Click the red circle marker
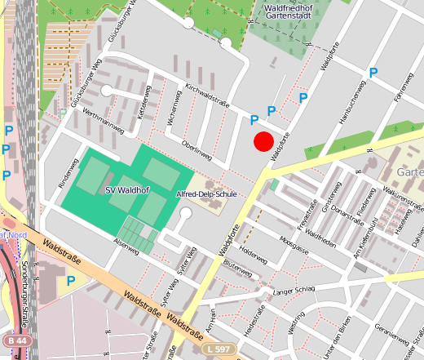click(x=263, y=141)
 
